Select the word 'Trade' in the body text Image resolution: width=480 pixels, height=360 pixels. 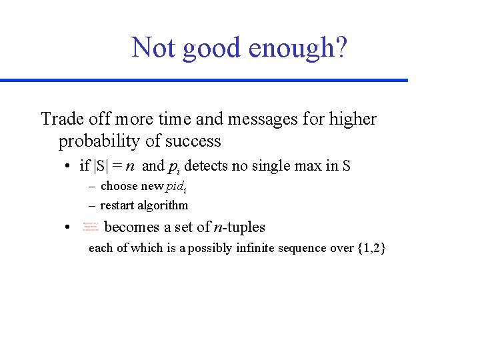click(x=61, y=119)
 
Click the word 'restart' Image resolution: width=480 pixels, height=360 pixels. click(x=117, y=205)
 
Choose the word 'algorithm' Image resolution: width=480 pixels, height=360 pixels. click(x=163, y=205)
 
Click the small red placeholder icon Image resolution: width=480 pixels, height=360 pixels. click(x=90, y=227)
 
